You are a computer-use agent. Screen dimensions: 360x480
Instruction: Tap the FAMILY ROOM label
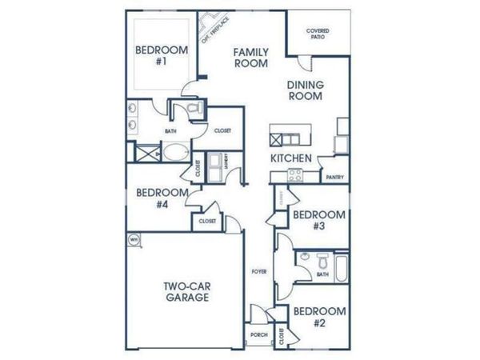coord(250,58)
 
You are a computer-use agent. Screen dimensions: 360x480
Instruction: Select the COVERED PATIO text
coord(318,34)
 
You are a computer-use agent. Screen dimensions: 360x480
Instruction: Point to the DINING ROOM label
coord(306,90)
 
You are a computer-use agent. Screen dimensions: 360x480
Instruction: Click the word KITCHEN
coord(290,158)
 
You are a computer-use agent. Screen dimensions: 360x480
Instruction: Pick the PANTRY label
coord(334,178)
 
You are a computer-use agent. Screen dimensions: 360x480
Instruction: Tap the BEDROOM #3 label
coord(319,220)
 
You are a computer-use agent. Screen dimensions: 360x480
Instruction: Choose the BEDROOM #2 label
coord(319,318)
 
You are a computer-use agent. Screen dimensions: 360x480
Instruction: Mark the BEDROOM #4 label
coord(162,198)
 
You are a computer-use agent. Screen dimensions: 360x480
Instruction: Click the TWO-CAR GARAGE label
coord(188,291)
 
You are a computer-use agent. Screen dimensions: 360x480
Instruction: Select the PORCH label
coord(258,334)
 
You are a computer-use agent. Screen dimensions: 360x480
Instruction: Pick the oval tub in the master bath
coord(174,151)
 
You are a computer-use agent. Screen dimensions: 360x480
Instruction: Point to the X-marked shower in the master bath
coord(144,152)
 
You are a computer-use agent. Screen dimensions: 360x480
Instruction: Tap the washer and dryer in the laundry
coord(217,168)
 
